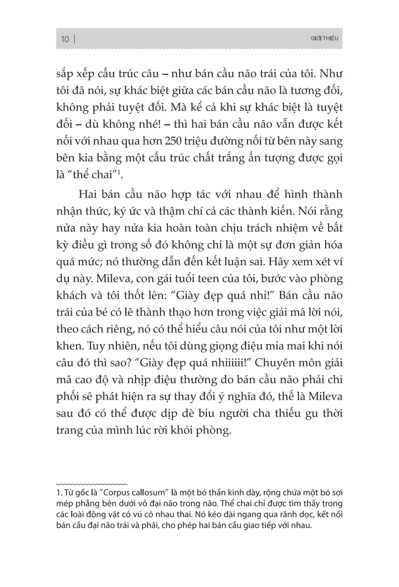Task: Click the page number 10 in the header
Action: (x=64, y=39)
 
